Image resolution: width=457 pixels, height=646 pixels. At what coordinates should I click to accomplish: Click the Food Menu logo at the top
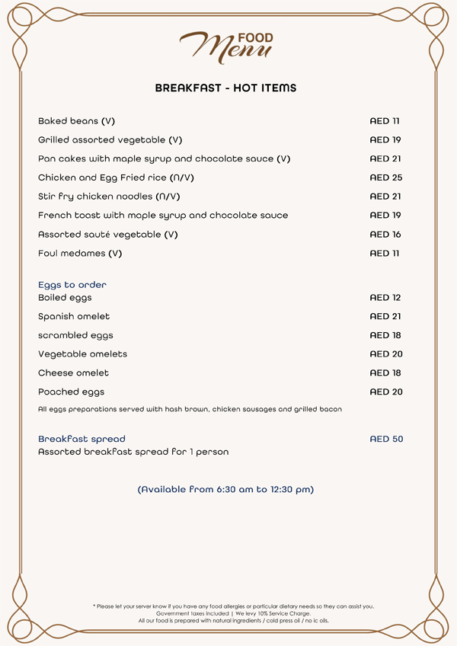pos(227,46)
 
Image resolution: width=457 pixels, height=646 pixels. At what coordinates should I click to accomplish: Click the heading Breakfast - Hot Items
pos(225,88)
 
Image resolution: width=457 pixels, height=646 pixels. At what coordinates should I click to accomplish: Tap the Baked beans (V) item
pos(76,121)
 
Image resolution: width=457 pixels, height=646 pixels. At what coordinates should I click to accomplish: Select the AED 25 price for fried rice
pos(385,177)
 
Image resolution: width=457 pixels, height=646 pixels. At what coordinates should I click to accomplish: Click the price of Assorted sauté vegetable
pos(385,235)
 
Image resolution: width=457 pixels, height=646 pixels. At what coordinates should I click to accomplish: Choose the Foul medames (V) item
pos(80,254)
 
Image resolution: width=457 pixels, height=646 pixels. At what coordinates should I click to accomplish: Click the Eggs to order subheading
pos(72,285)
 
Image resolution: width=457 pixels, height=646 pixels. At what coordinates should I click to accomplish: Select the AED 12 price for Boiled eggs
pos(385,298)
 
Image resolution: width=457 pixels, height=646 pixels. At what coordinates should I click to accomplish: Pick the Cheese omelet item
pos(73,373)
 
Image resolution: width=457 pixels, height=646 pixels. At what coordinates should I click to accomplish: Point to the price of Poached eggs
pos(385,392)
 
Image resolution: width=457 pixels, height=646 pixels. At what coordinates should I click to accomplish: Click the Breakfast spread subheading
pos(81,440)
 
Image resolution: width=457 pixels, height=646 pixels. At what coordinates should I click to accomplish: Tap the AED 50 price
pos(385,440)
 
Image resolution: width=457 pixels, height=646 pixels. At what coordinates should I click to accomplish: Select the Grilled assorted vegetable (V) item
pos(110,140)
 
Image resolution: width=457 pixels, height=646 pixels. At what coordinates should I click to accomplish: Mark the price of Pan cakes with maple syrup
pos(385,159)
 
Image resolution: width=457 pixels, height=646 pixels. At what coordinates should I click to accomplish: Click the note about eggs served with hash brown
pos(190,410)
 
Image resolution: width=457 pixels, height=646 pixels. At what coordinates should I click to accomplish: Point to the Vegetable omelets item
pos(82,354)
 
